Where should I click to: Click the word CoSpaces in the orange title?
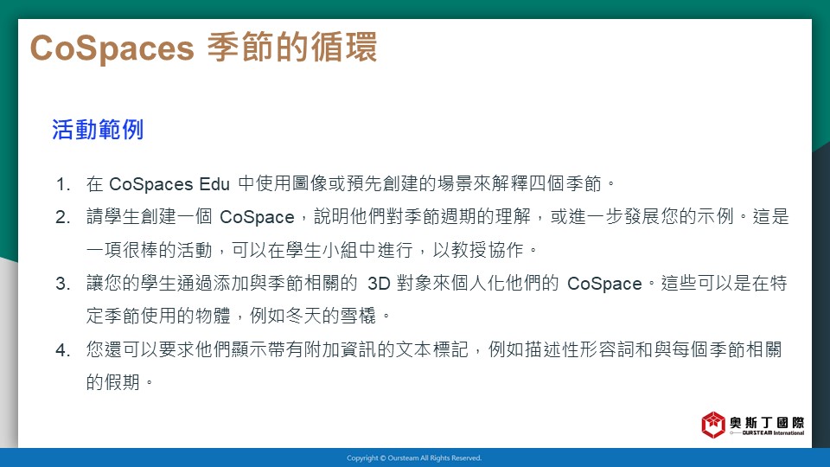point(112,48)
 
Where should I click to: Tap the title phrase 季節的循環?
point(292,47)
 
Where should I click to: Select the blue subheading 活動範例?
point(98,130)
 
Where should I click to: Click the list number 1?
point(63,184)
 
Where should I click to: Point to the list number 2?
point(63,217)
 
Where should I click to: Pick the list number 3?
point(63,284)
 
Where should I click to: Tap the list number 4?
point(63,350)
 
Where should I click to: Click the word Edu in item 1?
point(214,184)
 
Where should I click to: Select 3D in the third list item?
point(379,284)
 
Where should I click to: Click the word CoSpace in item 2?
point(257,217)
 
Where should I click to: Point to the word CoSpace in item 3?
point(604,284)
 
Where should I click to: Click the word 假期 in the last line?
point(122,381)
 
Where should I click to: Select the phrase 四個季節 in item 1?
point(565,183)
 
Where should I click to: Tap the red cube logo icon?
point(713,425)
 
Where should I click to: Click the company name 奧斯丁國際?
point(767,422)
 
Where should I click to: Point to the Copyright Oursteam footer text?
point(414,458)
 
